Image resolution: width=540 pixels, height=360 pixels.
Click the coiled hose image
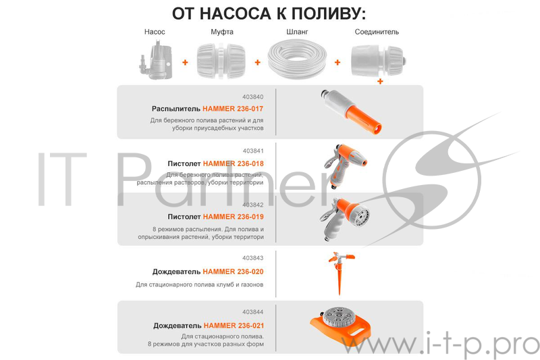296,59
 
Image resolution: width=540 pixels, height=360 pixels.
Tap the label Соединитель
377,32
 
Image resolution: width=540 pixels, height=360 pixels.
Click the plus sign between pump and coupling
185,62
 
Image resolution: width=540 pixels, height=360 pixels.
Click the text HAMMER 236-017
233,108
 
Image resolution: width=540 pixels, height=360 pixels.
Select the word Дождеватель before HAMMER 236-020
176,272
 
